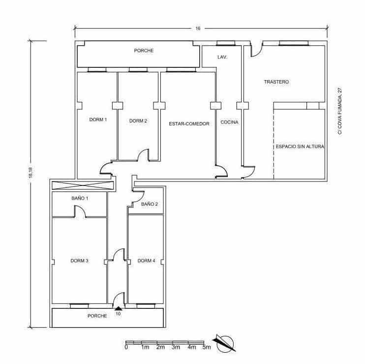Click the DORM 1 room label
point(97,120)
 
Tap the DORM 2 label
point(138,121)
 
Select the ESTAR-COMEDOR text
point(189,123)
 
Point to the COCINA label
point(229,122)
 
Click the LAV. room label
point(222,58)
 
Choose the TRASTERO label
point(276,82)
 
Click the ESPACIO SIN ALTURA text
point(300,147)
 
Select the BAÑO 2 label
point(149,204)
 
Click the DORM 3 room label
point(79,261)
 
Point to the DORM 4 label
point(147,261)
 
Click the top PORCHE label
point(144,51)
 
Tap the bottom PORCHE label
point(97,316)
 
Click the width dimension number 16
point(198,29)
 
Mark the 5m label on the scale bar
point(207,348)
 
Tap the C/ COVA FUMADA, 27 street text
point(339,111)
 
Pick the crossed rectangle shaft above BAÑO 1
point(82,185)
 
